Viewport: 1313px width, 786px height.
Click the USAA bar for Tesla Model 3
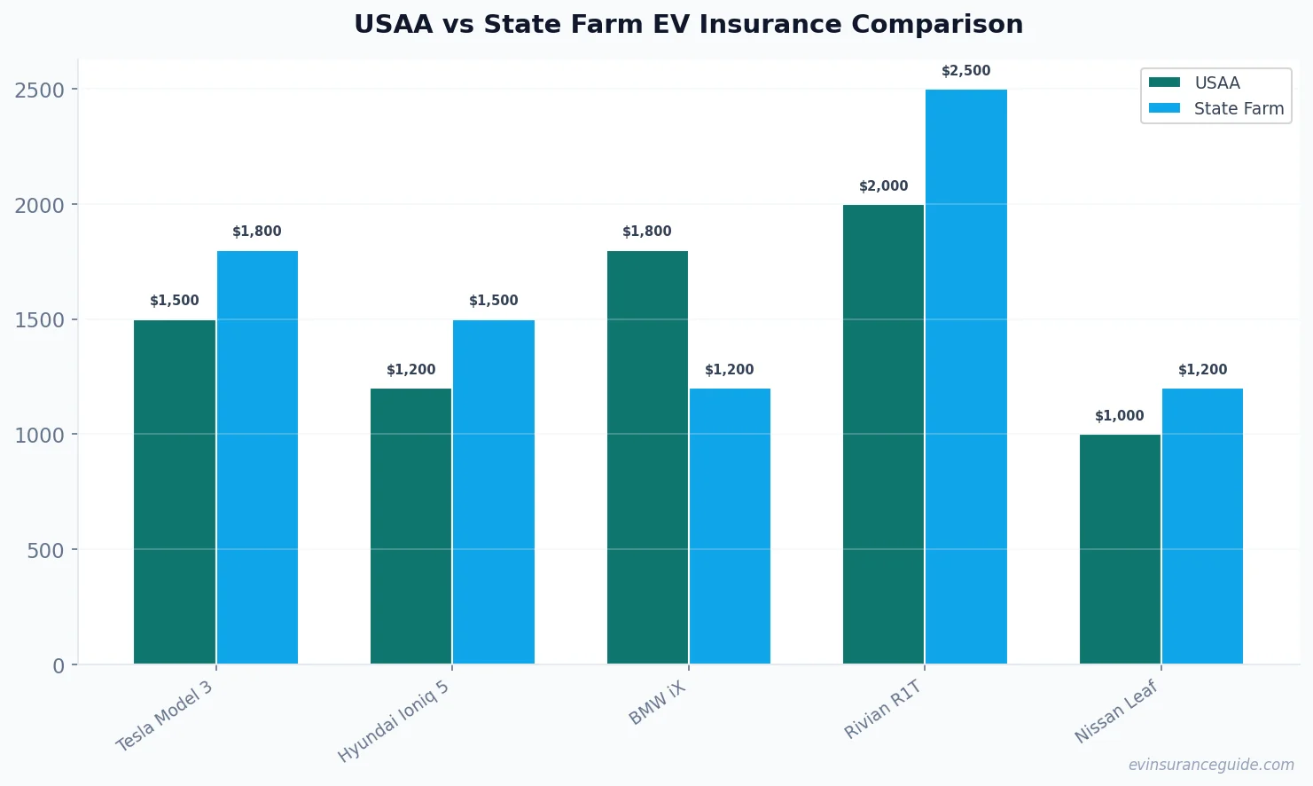[x=175, y=492]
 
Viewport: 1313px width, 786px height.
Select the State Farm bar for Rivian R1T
[x=965, y=377]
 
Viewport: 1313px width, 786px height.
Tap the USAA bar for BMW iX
[x=647, y=458]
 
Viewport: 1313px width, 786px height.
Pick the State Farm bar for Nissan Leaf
[x=1202, y=526]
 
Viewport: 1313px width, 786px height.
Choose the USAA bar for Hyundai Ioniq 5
[x=410, y=526]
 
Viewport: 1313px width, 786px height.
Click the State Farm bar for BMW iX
[x=730, y=526]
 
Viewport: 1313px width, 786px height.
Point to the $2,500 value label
[x=965, y=71]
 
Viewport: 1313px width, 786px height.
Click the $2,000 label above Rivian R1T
[x=883, y=186]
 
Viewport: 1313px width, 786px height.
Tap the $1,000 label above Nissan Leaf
[x=1119, y=416]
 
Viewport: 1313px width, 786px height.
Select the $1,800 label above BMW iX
[x=647, y=232]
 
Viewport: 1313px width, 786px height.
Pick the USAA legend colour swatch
[x=1164, y=83]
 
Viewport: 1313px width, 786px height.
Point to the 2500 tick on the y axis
[x=40, y=90]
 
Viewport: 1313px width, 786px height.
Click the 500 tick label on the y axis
[x=46, y=550]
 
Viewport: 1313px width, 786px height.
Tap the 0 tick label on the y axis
[x=59, y=665]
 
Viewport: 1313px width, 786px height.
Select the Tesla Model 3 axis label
[x=166, y=716]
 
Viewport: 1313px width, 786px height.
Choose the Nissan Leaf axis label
[x=1116, y=712]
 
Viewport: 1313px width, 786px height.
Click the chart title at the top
[x=688, y=24]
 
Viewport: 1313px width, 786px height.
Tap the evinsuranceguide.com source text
[x=1210, y=765]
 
